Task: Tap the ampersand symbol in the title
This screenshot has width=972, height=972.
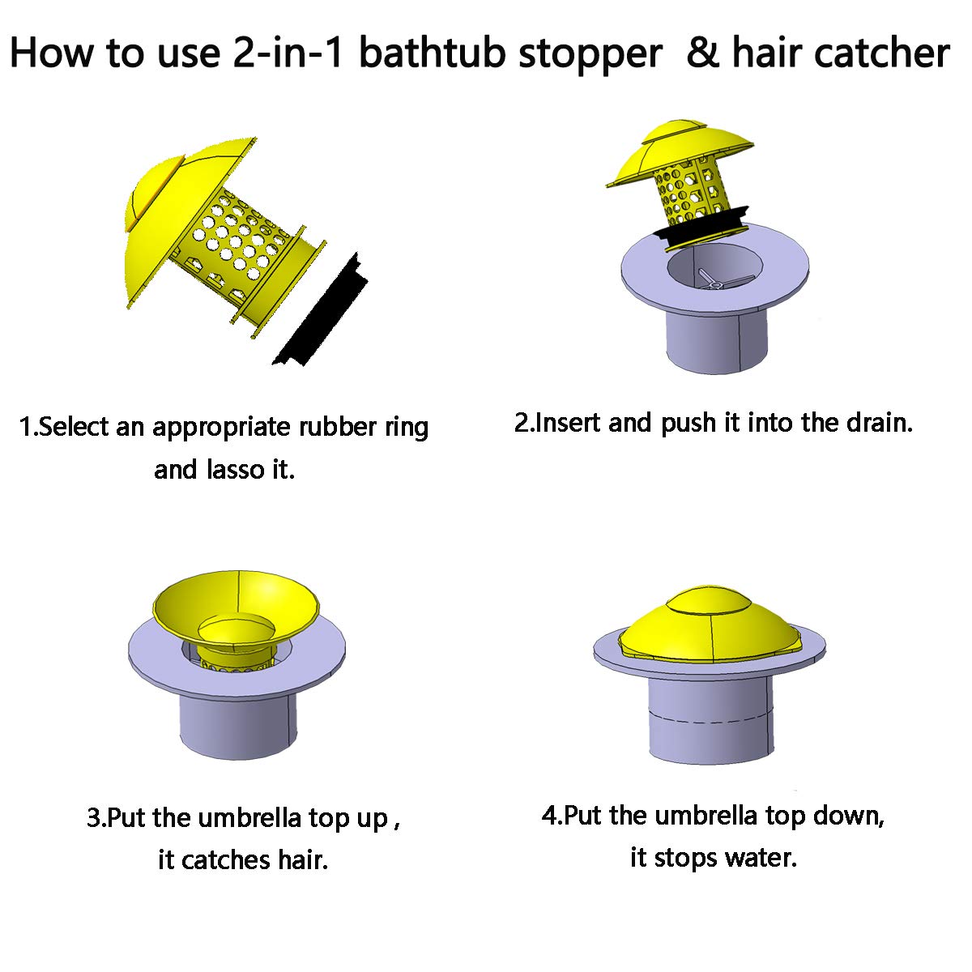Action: click(702, 53)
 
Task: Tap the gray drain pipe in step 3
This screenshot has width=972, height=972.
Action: click(237, 725)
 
